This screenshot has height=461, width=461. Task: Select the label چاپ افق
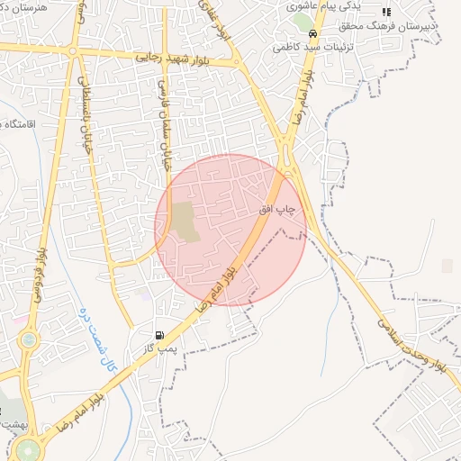click(277, 208)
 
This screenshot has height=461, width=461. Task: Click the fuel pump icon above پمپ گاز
click(160, 335)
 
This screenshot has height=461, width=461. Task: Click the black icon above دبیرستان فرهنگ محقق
click(386, 12)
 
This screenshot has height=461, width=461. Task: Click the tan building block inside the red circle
click(185, 221)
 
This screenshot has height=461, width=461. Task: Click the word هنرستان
click(24, 5)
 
